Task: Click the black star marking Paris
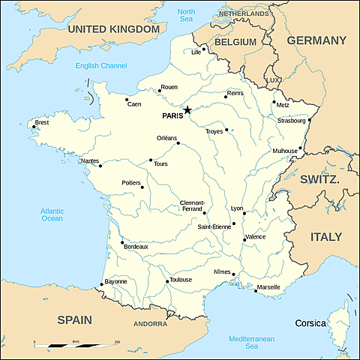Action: click(187, 110)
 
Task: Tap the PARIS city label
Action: click(172, 116)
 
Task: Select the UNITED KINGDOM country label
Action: click(113, 28)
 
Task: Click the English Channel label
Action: click(101, 66)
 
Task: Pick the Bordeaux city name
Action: click(136, 247)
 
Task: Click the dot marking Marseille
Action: click(255, 291)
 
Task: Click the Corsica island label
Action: click(310, 323)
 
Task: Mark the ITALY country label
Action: click(326, 237)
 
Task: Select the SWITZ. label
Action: click(320, 181)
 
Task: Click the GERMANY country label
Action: click(316, 40)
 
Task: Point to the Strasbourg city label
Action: click(291, 120)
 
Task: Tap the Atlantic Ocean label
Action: click(52, 214)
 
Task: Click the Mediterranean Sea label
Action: click(252, 343)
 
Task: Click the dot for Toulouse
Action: click(167, 282)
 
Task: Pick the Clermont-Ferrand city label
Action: click(196, 206)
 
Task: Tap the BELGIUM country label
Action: click(235, 42)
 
